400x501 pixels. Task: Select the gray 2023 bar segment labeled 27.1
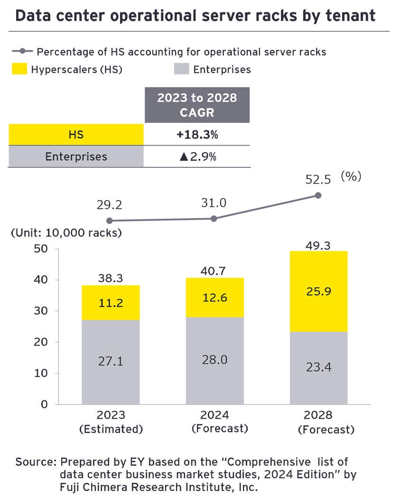[110, 362]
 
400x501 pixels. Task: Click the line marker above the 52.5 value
[318, 195]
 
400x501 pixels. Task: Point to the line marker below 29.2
[110, 221]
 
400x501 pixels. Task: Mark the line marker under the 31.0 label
[214, 219]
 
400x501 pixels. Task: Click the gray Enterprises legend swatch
[181, 69]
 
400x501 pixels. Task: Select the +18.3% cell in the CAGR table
[197, 135]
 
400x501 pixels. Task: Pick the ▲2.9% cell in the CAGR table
[197, 156]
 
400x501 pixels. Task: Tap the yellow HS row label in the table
[76, 135]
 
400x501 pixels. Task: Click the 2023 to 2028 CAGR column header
[197, 106]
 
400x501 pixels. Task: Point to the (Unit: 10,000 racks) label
[66, 233]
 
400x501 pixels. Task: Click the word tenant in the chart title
[348, 16]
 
